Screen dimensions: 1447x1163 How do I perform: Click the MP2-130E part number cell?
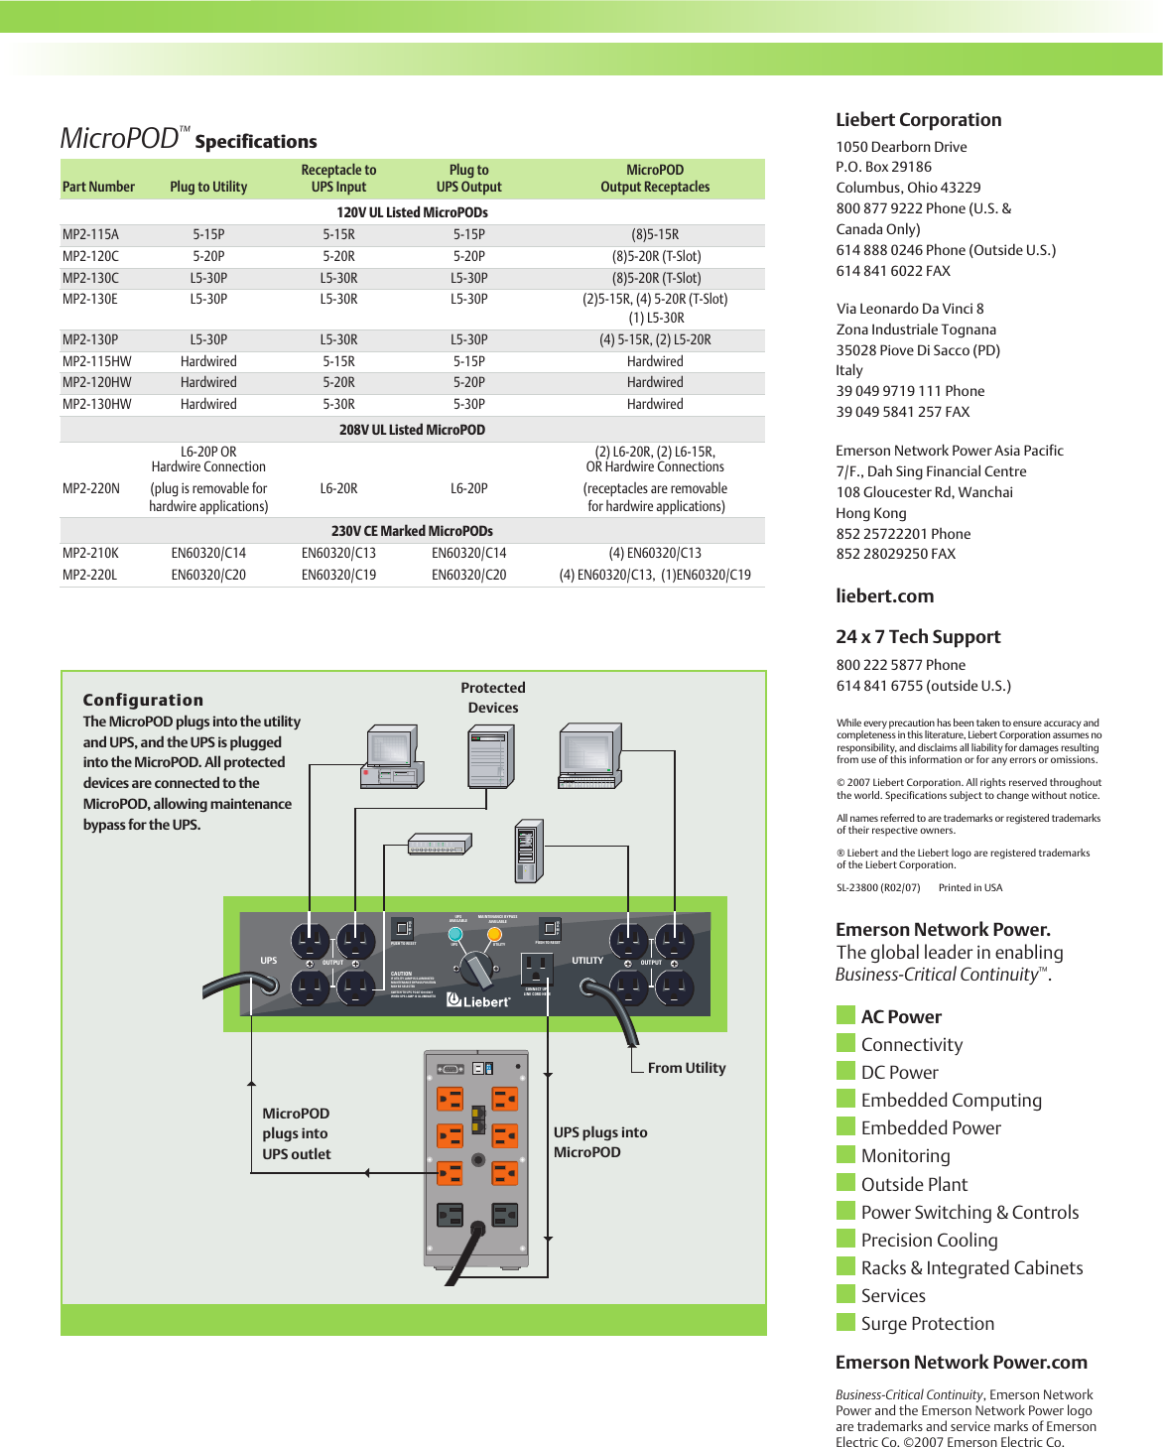coord(89,299)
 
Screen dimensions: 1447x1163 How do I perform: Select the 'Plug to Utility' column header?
coord(208,187)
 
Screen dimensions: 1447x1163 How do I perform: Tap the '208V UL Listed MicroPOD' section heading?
coord(412,430)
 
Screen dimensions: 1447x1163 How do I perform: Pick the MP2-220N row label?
coord(91,488)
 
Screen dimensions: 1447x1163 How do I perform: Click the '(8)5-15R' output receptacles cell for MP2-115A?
coord(655,235)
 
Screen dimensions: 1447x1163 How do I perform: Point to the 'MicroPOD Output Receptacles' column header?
coord(655,179)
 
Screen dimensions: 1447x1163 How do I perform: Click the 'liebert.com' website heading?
coord(884,596)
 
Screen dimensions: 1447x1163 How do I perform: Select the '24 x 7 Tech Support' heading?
coord(918,637)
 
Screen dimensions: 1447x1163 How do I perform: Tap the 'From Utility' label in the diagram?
coord(687,1068)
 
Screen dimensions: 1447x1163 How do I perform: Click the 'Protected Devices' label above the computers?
coord(493,698)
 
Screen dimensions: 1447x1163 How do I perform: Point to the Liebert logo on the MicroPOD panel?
coord(478,1001)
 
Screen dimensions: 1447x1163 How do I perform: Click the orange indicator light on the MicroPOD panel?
coord(494,934)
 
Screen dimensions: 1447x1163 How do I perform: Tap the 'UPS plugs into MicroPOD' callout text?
coord(600,1142)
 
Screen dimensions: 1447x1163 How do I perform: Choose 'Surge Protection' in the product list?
coord(927,1324)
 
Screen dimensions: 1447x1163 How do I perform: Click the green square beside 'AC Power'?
coord(845,1015)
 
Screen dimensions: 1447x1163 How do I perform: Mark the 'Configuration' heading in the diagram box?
coord(143,700)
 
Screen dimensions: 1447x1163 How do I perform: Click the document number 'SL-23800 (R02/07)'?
coord(878,888)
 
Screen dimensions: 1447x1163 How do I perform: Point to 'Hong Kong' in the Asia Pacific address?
coord(870,513)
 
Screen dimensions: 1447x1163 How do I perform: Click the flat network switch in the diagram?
coord(439,846)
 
